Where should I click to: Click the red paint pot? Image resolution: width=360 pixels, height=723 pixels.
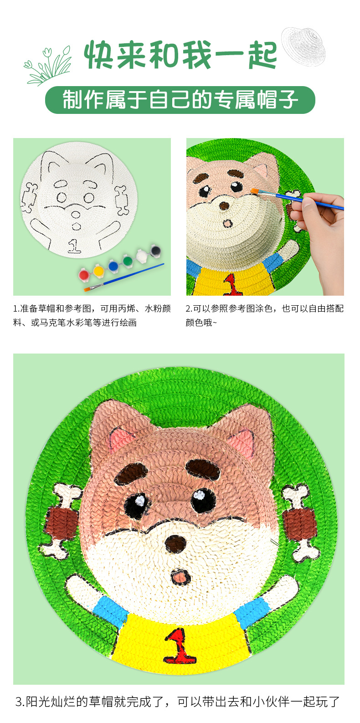pos(84,274)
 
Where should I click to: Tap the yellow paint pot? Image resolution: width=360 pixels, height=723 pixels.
pos(98,270)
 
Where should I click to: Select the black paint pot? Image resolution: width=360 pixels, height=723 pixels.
pos(155,250)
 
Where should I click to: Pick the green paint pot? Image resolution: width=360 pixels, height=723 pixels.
pos(128,260)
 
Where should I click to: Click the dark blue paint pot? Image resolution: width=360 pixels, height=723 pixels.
pos(113,265)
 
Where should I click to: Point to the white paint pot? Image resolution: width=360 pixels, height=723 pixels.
pos(141,255)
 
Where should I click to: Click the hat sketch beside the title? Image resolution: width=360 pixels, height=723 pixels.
pos(303,46)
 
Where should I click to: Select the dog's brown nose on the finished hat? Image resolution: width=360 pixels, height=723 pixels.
pos(175,544)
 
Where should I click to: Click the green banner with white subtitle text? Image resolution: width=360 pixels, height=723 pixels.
pos(180,100)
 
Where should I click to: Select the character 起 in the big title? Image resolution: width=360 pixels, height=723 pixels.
pos(262,55)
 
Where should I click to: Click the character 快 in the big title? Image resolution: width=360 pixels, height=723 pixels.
pos(98,55)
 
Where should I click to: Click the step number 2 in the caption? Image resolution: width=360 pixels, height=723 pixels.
pos(188,308)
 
